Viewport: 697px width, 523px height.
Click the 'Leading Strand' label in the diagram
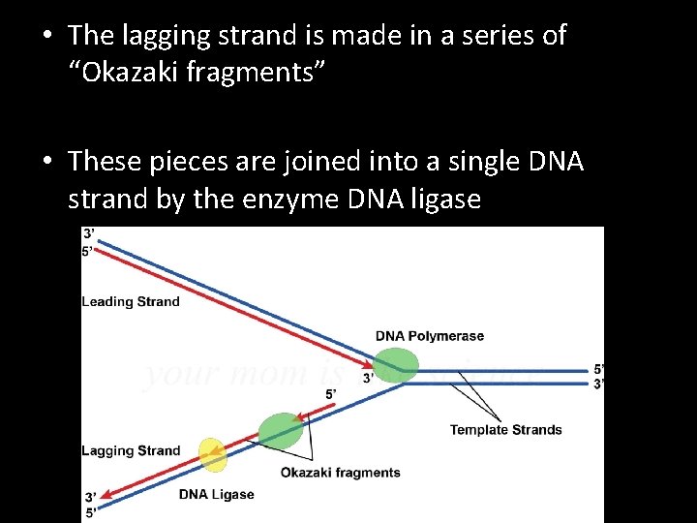coord(131,301)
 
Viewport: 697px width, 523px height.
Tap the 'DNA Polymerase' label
coord(430,336)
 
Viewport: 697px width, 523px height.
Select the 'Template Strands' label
coord(505,430)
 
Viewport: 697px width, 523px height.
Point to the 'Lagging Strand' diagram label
coord(131,450)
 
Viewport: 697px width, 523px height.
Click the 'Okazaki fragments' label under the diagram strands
coord(340,473)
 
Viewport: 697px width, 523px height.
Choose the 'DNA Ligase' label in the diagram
coord(216,494)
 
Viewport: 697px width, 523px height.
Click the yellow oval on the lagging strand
coord(212,455)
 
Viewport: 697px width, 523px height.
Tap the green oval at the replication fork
coord(396,365)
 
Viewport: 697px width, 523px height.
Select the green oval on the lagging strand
coord(281,430)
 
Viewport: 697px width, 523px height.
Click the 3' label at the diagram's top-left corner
coord(89,233)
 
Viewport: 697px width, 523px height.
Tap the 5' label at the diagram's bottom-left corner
coord(90,513)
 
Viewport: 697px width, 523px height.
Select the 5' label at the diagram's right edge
coord(599,369)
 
